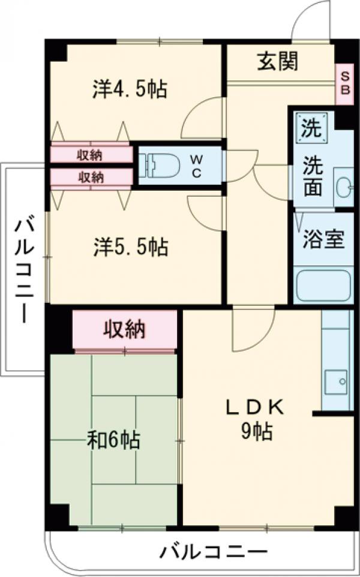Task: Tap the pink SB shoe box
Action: (344, 83)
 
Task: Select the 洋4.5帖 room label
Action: (129, 89)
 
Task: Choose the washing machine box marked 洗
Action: (311, 127)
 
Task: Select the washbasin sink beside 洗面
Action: (343, 188)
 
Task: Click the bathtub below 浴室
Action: (323, 286)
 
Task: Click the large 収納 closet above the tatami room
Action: (125, 329)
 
